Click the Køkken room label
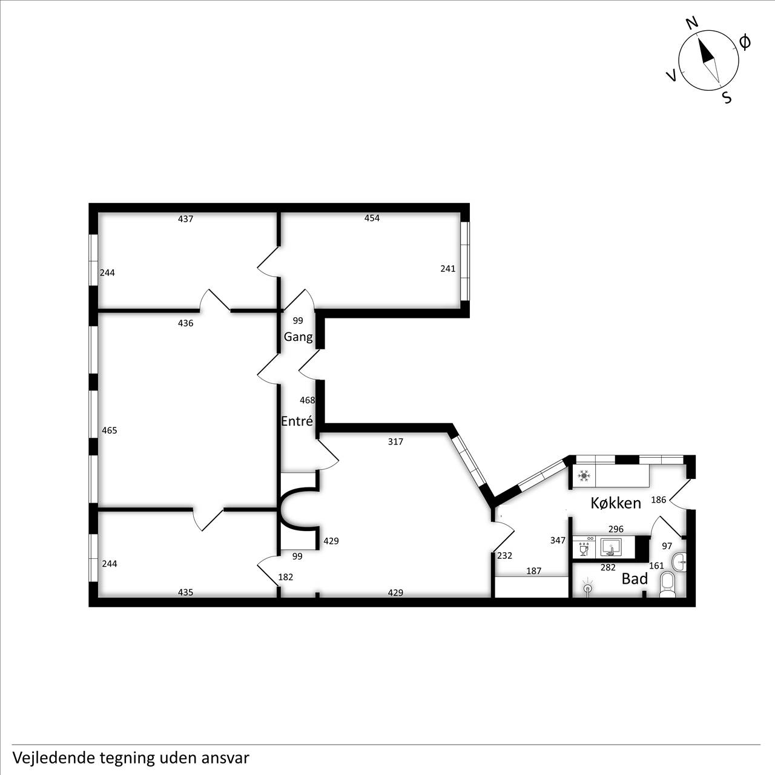(615, 503)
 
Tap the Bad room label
(635, 579)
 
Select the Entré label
(297, 421)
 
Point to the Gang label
(298, 337)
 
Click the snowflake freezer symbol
(584, 476)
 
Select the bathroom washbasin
(679, 561)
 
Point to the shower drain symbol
(589, 589)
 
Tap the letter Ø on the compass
(745, 42)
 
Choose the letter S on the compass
(727, 97)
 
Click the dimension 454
(372, 218)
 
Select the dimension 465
(109, 430)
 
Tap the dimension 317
(395, 441)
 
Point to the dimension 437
(185, 219)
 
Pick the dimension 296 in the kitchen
(616, 529)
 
